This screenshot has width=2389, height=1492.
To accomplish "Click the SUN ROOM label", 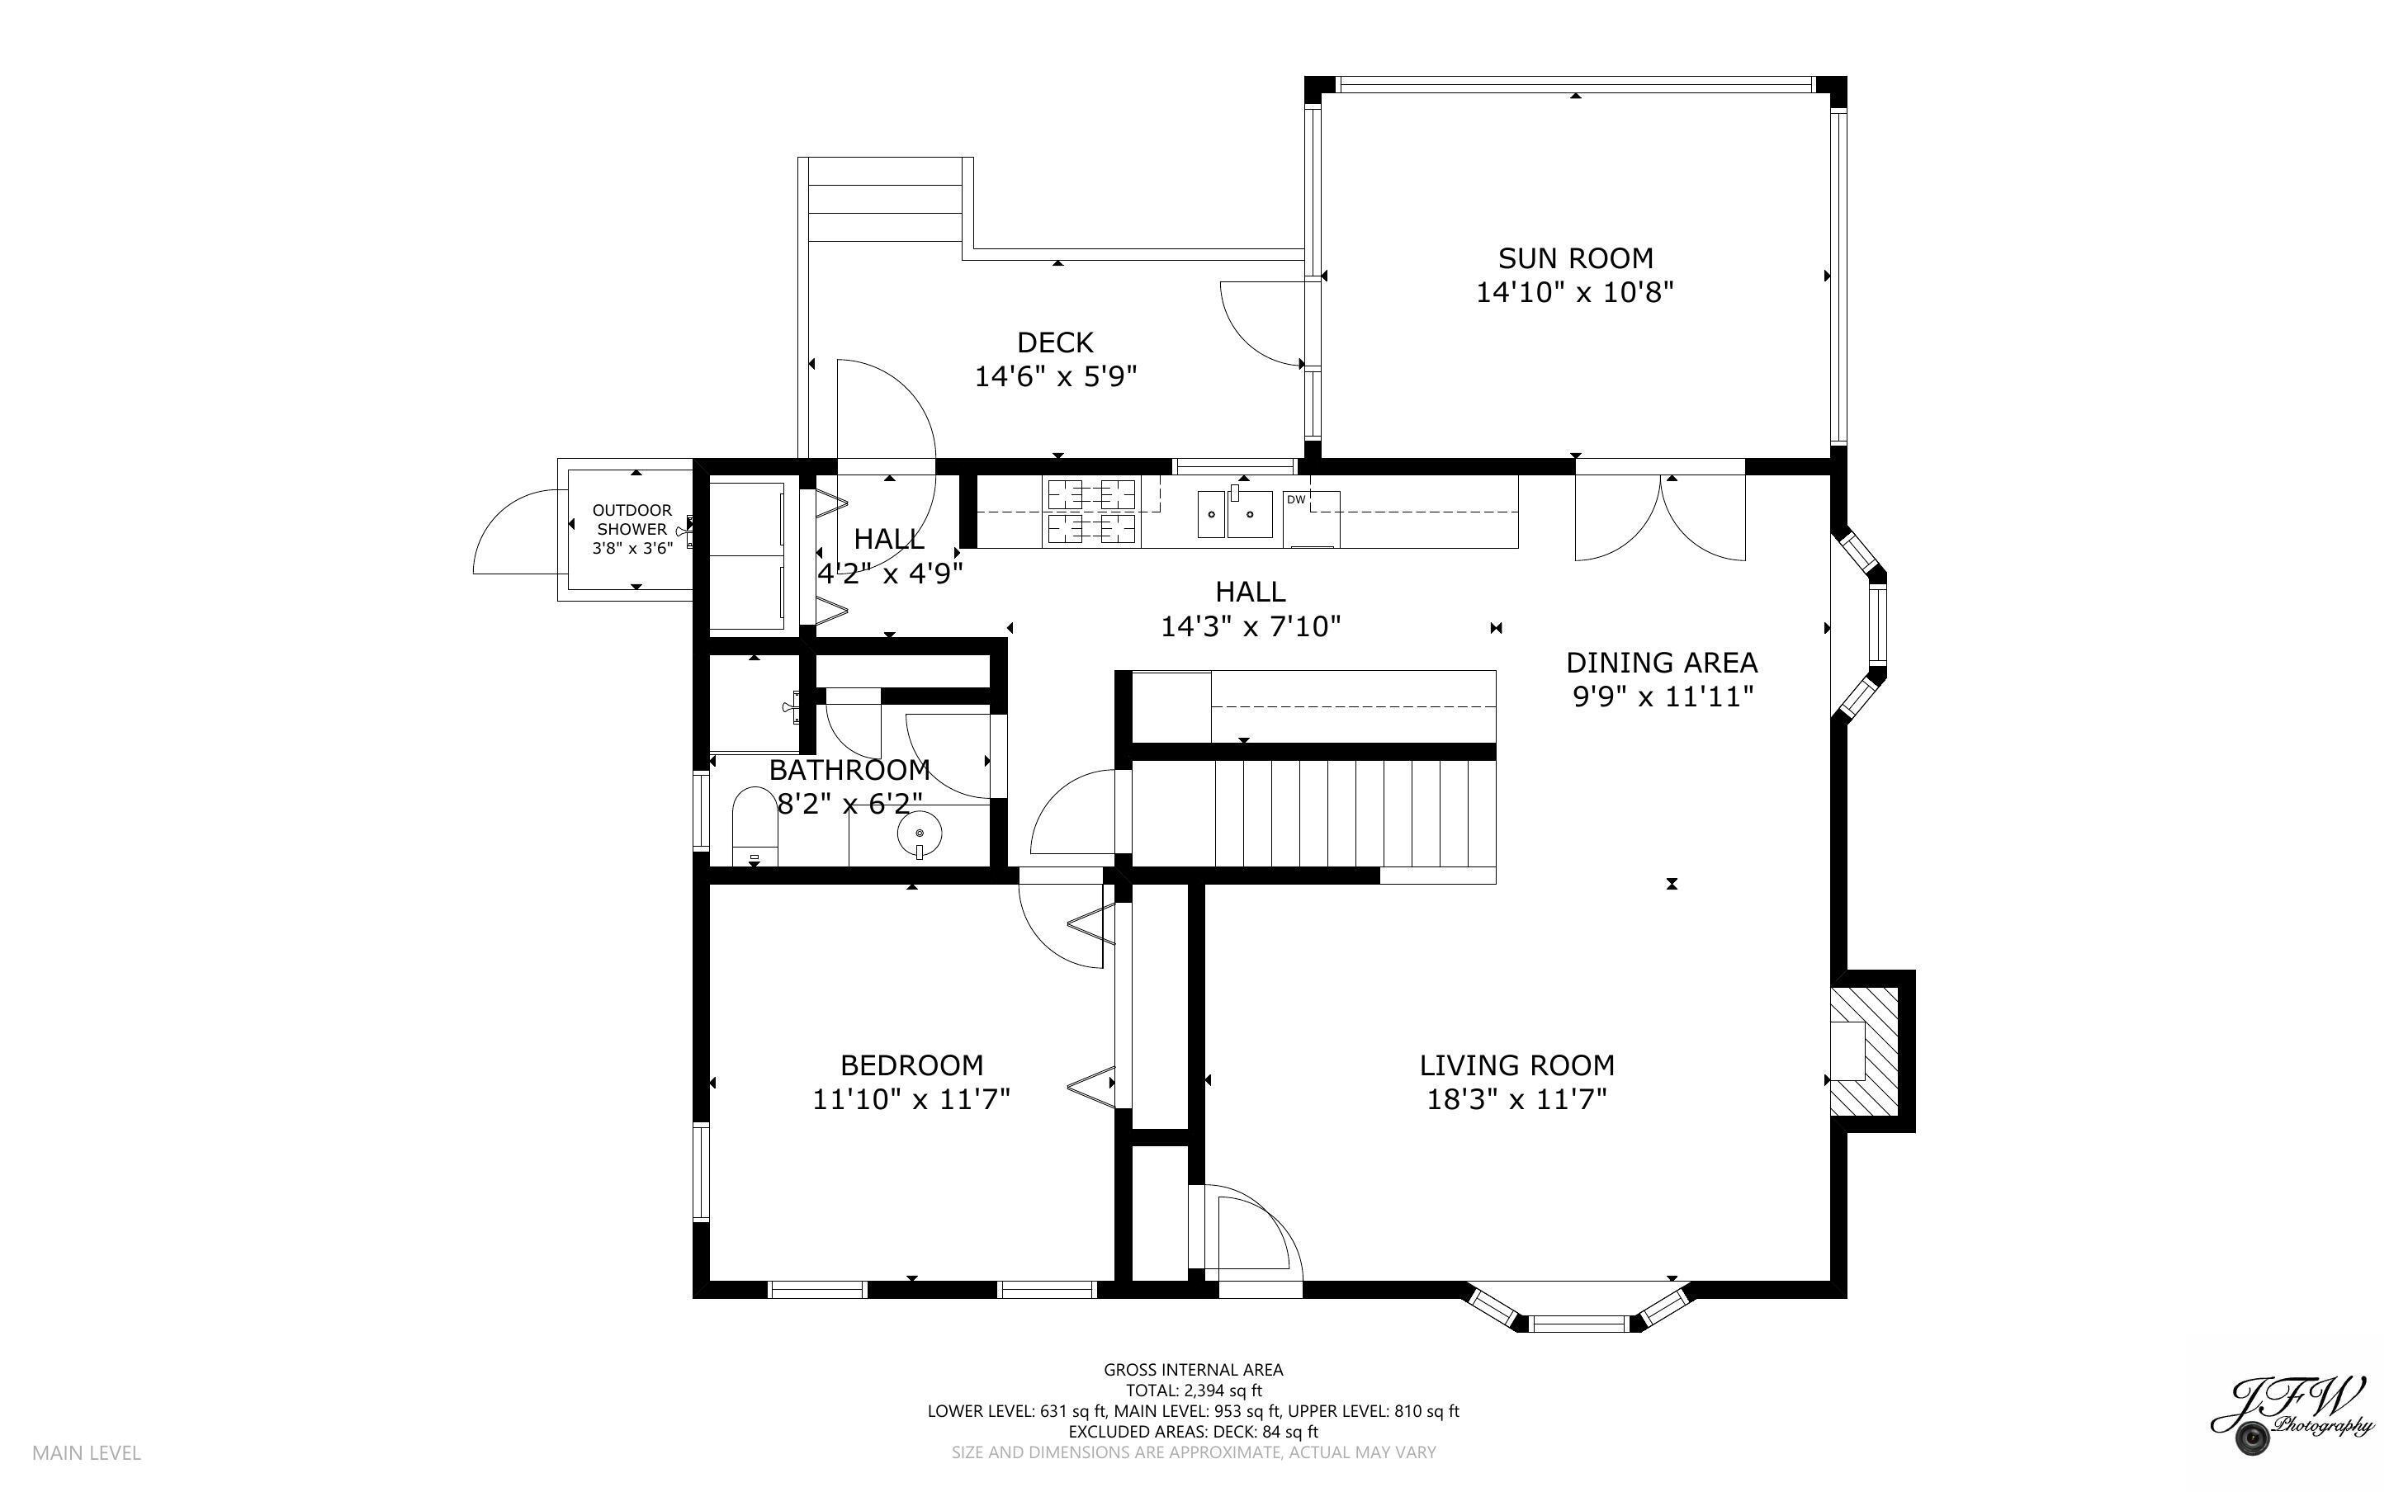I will (1575, 258).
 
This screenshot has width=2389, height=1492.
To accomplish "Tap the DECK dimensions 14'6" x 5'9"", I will (1056, 377).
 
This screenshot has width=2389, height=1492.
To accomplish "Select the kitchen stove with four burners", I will (1090, 512).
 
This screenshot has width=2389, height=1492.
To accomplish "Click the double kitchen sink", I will (1234, 514).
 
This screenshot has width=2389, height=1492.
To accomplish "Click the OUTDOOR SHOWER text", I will (632, 519).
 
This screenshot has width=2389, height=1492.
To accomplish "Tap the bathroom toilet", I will (755, 827).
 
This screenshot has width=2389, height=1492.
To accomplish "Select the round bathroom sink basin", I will (919, 833).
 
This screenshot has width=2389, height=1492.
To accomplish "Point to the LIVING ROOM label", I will (1516, 1065).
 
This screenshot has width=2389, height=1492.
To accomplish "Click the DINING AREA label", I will (1661, 662).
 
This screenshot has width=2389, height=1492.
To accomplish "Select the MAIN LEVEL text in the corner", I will (87, 1452).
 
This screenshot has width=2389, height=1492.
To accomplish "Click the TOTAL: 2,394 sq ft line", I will (1193, 1390).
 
